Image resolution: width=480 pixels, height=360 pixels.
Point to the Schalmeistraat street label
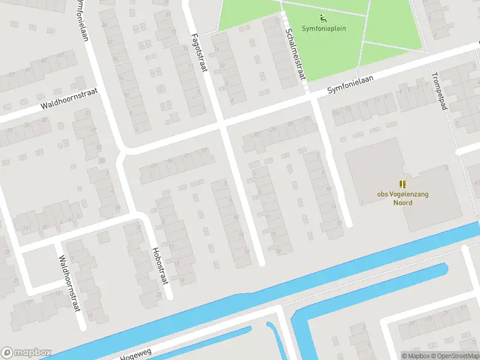pyautogui.click(x=295, y=55)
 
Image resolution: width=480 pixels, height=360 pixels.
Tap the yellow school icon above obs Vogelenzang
pyautogui.click(x=403, y=184)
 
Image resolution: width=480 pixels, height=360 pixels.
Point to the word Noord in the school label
pyautogui.click(x=403, y=202)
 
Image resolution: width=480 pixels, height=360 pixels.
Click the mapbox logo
pyautogui.click(x=26, y=352)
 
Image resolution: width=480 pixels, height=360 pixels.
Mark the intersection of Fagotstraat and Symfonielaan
pyautogui.click(x=221, y=125)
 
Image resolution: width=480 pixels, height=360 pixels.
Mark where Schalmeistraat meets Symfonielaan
pyautogui.click(x=310, y=98)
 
